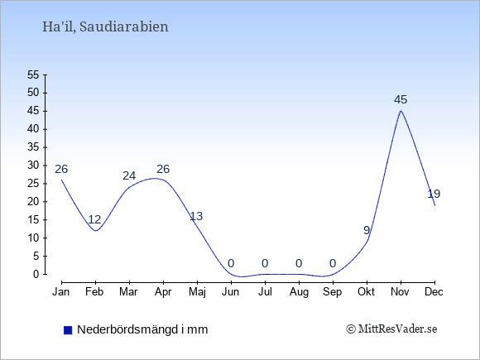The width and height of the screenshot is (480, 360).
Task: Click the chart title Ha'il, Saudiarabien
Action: (105, 27)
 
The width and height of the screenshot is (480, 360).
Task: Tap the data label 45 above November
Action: (401, 99)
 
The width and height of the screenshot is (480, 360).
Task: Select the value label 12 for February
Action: (94, 219)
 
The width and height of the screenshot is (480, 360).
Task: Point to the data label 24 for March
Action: (129, 175)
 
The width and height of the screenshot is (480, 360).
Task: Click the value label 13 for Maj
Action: (196, 216)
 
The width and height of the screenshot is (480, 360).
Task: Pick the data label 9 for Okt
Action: (367, 230)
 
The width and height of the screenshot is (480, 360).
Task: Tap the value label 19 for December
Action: (434, 194)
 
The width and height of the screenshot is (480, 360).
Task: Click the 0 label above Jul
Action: (265, 263)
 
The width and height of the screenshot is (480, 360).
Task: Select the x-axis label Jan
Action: (61, 292)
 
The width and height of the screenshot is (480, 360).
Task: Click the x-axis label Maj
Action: (197, 292)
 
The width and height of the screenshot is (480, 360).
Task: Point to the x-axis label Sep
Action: (333, 292)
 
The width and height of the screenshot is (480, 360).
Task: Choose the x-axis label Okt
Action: (366, 292)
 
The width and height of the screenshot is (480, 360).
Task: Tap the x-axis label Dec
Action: (434, 292)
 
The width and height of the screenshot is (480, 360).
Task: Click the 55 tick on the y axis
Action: (33, 74)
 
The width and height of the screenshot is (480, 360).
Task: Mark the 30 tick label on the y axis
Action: (33, 166)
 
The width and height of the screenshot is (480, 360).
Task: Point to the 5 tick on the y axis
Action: (36, 256)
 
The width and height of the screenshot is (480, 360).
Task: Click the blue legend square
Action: (68, 330)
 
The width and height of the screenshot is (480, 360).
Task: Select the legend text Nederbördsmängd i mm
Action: (142, 329)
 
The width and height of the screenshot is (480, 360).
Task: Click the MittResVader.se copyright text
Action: (391, 329)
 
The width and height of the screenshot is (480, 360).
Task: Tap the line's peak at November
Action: (401, 111)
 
